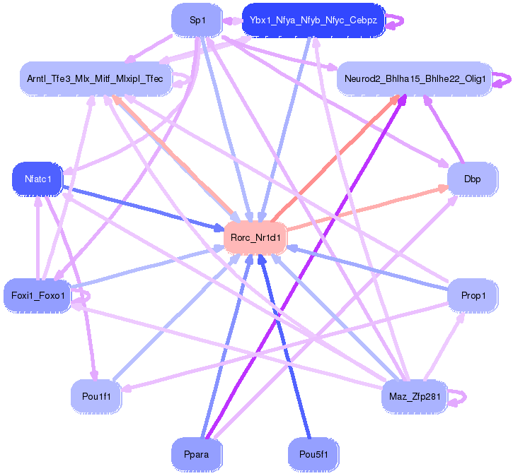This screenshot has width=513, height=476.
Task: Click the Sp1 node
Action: pos(197,20)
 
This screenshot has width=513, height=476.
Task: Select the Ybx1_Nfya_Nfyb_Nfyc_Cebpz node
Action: pos(313,20)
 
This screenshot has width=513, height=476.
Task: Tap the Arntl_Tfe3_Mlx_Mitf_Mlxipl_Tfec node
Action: pos(95,79)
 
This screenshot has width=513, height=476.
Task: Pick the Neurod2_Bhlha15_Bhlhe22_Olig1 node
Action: pos(414,79)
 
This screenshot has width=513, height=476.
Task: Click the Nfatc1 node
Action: pos(38,179)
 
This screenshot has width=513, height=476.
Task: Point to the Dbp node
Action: pos(472,179)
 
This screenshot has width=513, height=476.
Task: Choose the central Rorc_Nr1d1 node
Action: pos(255,238)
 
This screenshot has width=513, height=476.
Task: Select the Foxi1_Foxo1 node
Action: pos(38,295)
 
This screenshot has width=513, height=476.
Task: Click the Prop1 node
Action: pos(473,295)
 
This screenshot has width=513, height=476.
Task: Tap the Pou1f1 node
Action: pos(96,396)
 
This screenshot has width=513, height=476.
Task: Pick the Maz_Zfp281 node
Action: pos(414,396)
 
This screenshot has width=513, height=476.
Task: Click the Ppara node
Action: pos(197,454)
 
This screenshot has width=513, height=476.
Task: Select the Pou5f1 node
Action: pos(313,454)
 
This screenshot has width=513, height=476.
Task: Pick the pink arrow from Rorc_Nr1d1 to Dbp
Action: pos(368,208)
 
